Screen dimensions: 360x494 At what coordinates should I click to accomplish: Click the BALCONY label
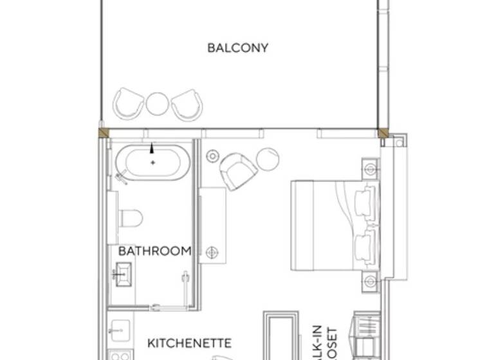click(x=237, y=48)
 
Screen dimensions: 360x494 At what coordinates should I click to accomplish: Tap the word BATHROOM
click(x=155, y=251)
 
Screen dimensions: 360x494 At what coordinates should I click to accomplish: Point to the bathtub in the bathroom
click(x=152, y=162)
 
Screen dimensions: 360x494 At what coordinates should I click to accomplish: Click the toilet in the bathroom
click(x=131, y=219)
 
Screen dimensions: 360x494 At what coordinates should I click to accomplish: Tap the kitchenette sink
click(x=118, y=332)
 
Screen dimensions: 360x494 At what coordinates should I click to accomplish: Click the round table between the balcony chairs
click(x=158, y=103)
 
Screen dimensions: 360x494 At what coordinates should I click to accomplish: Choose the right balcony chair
click(x=187, y=103)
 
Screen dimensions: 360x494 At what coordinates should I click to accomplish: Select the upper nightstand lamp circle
click(x=370, y=170)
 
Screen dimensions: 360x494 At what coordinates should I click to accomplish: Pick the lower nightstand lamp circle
click(x=370, y=280)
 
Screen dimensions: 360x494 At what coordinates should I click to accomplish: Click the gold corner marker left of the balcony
click(x=102, y=133)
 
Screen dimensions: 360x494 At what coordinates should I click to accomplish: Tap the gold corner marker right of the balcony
click(x=383, y=133)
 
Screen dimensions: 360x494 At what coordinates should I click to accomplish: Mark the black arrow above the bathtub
click(x=152, y=148)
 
